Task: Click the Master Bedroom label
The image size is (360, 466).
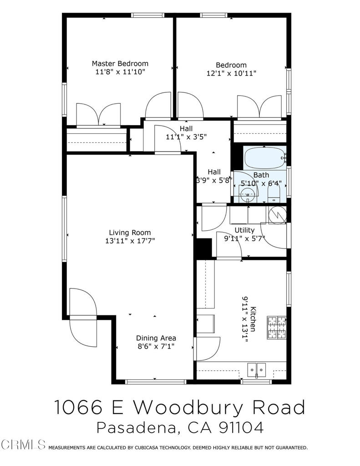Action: [x=120, y=63]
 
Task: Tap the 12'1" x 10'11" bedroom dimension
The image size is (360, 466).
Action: [x=231, y=73]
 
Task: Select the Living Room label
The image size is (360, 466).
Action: [x=129, y=233]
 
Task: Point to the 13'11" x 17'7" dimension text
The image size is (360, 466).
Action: [x=129, y=241]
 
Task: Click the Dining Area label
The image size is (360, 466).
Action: [x=156, y=338]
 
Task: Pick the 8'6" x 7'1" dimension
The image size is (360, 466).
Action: [x=156, y=347]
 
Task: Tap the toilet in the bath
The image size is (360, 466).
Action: [x=274, y=195]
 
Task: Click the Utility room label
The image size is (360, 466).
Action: [x=244, y=230]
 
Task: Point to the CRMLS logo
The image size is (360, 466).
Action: [x=23, y=444]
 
